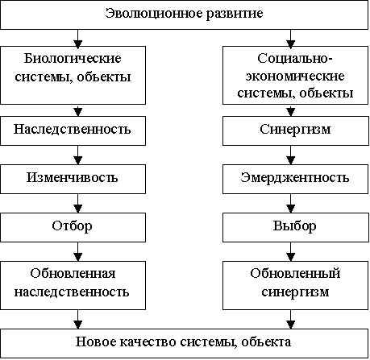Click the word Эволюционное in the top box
click(153, 14)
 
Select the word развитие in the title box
click(235, 14)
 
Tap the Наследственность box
click(73, 130)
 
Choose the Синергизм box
click(295, 130)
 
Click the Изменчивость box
click(73, 179)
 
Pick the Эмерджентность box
click(295, 179)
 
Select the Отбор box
click(73, 227)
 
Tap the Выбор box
click(295, 227)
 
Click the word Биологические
click(73, 58)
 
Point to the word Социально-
click(295, 58)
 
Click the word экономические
click(295, 76)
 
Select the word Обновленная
click(73, 274)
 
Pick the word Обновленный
click(295, 274)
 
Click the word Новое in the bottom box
click(95, 342)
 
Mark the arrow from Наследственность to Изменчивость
click(78, 155)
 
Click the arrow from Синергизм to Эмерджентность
click(291, 155)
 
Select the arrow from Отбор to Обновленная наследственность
click(78, 251)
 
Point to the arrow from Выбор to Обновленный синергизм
click(291, 251)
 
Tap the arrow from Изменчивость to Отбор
click(78, 203)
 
